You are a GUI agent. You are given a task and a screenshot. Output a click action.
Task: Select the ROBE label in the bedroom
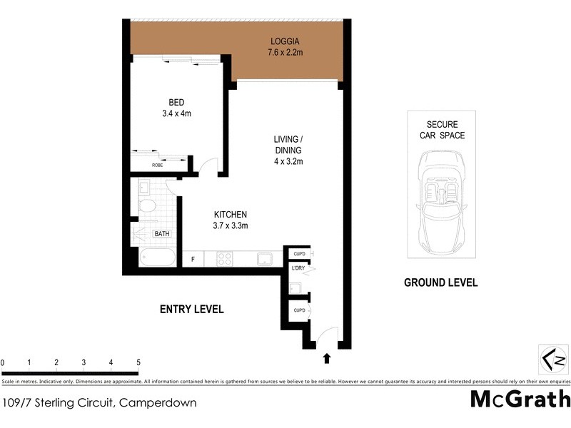click(x=158, y=165)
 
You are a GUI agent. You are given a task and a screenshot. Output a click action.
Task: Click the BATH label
click(x=163, y=233)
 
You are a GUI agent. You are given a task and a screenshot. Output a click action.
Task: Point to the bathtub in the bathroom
click(x=157, y=258)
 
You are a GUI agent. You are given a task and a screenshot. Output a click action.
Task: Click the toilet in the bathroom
click(x=146, y=206)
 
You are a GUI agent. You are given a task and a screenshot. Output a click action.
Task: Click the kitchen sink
click(x=265, y=258)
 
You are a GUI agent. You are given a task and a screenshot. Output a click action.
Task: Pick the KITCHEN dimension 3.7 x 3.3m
click(x=231, y=225)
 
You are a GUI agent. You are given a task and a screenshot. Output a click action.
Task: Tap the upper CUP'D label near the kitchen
click(x=299, y=254)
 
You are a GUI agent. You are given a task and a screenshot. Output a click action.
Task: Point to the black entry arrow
click(x=328, y=358)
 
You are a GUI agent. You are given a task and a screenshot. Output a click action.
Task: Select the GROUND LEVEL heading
click(x=440, y=282)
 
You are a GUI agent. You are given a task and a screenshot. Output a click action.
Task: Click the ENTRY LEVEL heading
click(x=191, y=309)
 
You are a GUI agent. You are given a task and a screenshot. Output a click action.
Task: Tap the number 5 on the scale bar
click(x=138, y=362)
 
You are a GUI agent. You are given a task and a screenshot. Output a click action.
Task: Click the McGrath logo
click(x=520, y=399)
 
